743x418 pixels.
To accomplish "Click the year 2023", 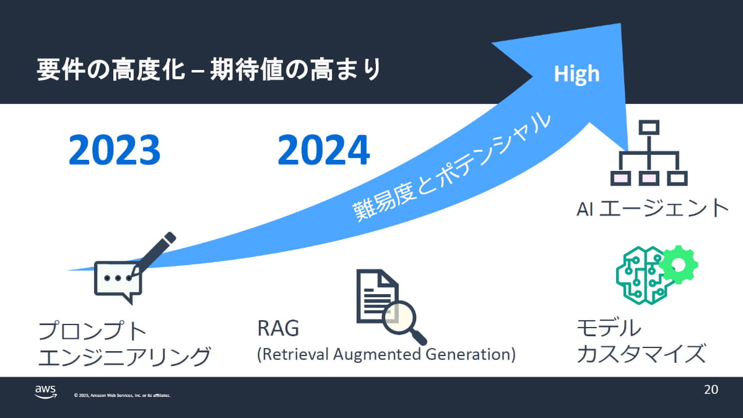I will coord(115,150).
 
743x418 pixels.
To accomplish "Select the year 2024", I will coord(324,150).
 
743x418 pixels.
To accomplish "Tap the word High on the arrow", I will coord(576,74).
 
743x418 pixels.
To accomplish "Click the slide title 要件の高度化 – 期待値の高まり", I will coord(208,71).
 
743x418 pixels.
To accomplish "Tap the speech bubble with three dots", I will coord(118,281).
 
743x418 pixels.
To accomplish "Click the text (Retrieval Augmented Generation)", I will coord(386,354).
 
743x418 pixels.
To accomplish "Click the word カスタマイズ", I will coord(641,354).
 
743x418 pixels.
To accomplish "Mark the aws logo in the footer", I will coord(45,391).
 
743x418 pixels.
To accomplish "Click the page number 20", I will coord(711,390).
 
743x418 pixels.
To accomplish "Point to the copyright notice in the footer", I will coord(122,395).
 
